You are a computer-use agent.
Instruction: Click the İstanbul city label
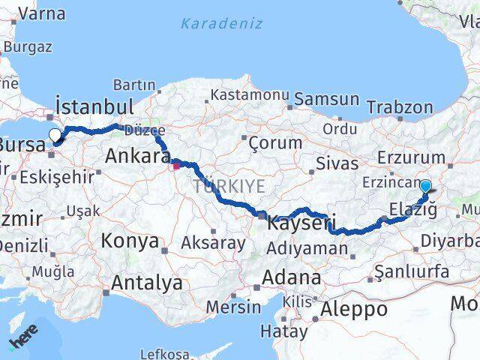(94, 105)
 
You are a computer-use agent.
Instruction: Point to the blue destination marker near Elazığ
(425, 187)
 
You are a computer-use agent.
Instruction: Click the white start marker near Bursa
(55, 136)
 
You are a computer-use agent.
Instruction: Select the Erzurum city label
(412, 157)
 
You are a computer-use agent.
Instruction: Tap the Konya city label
(130, 241)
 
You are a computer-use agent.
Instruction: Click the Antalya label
(146, 283)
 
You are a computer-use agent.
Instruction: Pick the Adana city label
(291, 277)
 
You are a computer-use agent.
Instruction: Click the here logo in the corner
(22, 341)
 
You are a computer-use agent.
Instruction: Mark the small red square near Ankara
(176, 165)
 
